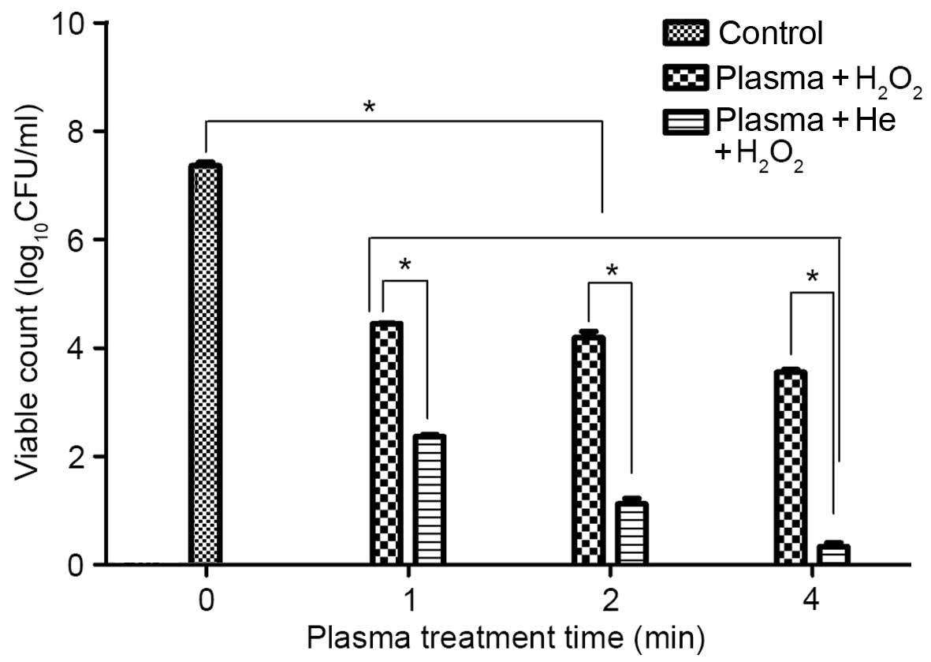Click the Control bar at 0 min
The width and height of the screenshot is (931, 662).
[206, 365]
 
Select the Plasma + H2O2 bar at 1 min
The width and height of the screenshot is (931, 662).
[386, 443]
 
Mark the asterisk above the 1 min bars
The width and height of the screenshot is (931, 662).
[405, 265]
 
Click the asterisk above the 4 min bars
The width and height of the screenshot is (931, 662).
[812, 277]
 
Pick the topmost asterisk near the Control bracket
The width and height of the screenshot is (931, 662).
[367, 107]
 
